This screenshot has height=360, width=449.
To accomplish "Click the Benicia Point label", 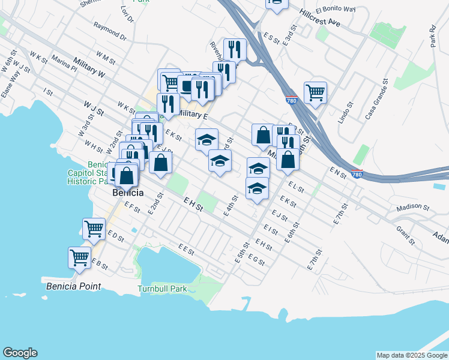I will (x=73, y=287).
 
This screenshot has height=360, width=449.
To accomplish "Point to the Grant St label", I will (x=406, y=235).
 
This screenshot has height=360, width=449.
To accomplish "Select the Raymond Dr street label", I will (x=110, y=31).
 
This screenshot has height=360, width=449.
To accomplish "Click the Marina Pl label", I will (x=64, y=63).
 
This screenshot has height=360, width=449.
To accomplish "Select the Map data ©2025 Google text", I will (x=412, y=355).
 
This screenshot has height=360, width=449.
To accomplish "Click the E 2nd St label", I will (x=155, y=205).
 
